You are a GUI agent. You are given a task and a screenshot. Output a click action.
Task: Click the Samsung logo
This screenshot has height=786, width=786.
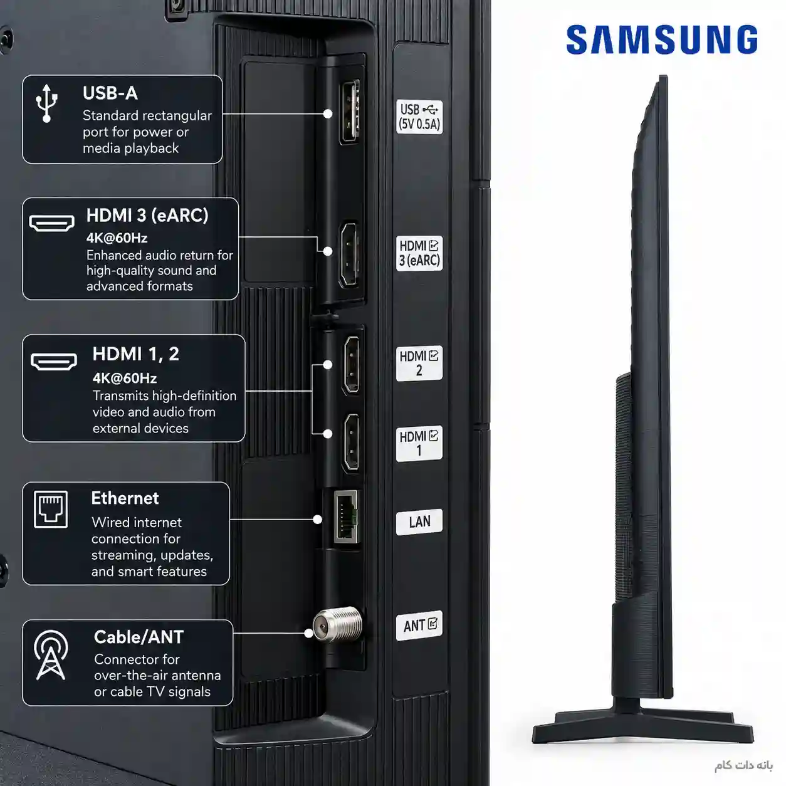point(662,39)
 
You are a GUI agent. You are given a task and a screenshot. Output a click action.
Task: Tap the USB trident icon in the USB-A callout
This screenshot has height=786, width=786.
point(46,103)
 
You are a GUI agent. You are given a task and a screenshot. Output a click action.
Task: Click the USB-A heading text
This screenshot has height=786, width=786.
point(110,93)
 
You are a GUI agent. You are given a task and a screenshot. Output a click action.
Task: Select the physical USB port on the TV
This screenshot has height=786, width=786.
point(350,112)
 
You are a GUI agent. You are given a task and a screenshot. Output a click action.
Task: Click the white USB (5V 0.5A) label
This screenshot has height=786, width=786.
point(419,117)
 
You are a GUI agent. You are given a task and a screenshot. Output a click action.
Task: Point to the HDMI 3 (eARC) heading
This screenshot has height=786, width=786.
point(147,216)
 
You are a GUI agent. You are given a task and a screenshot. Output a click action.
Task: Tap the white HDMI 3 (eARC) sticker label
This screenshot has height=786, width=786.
point(419,253)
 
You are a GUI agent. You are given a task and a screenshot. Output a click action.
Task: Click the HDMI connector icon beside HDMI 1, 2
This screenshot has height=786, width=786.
point(54,362)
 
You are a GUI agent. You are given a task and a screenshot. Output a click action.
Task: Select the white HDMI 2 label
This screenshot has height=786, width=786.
point(419,364)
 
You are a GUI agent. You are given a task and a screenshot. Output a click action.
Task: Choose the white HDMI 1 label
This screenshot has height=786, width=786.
point(419,444)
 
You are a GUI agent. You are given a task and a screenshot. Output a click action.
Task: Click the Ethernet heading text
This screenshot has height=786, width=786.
point(125,498)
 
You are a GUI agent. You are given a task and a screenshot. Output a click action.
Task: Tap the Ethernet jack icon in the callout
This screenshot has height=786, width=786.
point(51,510)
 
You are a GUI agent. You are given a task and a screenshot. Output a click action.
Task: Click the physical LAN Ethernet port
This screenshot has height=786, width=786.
point(346,517)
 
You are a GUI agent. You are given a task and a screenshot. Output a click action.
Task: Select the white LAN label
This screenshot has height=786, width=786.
point(419,521)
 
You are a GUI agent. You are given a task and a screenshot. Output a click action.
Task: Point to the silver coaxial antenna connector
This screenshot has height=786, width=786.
point(338,624)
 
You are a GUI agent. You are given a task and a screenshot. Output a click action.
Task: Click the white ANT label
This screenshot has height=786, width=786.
point(419,626)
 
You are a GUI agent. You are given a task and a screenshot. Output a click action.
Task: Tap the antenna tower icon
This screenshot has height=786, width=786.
point(51,656)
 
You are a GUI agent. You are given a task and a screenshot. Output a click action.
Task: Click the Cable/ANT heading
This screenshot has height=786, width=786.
point(139,637)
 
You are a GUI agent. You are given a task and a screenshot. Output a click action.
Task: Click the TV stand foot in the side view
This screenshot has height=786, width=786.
point(643,726)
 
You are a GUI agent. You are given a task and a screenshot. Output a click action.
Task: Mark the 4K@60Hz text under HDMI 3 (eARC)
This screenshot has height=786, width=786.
point(117,238)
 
